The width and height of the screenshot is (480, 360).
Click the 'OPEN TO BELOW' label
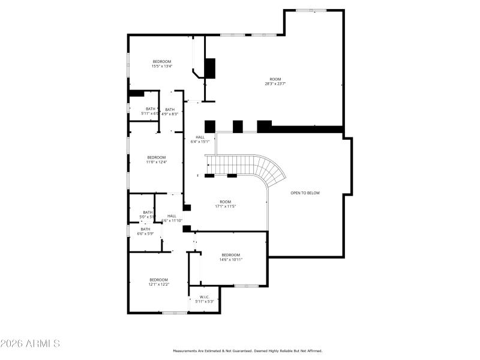pyautogui.click(x=305, y=193)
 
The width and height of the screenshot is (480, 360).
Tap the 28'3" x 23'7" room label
pyautogui.click(x=275, y=82)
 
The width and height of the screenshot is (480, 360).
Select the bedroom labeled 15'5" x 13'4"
pyautogui.click(x=161, y=64)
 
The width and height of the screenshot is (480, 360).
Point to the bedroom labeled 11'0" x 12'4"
pyautogui.click(x=156, y=160)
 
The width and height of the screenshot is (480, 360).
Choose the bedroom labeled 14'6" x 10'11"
pyautogui.click(x=230, y=257)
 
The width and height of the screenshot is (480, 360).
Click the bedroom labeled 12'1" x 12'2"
pyautogui.click(x=159, y=282)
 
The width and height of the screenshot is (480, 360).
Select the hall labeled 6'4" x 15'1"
pyautogui.click(x=200, y=140)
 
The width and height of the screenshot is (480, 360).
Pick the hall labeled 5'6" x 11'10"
pyautogui.click(x=172, y=218)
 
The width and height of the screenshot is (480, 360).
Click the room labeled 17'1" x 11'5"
pyautogui.click(x=225, y=204)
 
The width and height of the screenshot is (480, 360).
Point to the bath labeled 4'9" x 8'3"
pyautogui.click(x=170, y=112)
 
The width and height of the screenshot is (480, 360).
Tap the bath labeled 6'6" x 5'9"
pyautogui.click(x=145, y=231)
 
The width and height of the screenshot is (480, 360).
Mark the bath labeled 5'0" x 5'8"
pyautogui.click(x=148, y=214)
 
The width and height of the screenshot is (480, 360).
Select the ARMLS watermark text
pyautogui.click(x=30, y=344)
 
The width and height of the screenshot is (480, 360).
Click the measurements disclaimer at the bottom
pyautogui.click(x=248, y=351)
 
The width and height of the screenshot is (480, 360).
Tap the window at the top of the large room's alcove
pyautogui.click(x=311, y=10)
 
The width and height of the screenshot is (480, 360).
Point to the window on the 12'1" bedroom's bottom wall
pyautogui.click(x=175, y=313)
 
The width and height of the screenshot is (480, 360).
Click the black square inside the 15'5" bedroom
pyautogui.click(x=210, y=68)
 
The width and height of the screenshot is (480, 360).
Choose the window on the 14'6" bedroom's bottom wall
pyautogui.click(x=246, y=286)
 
